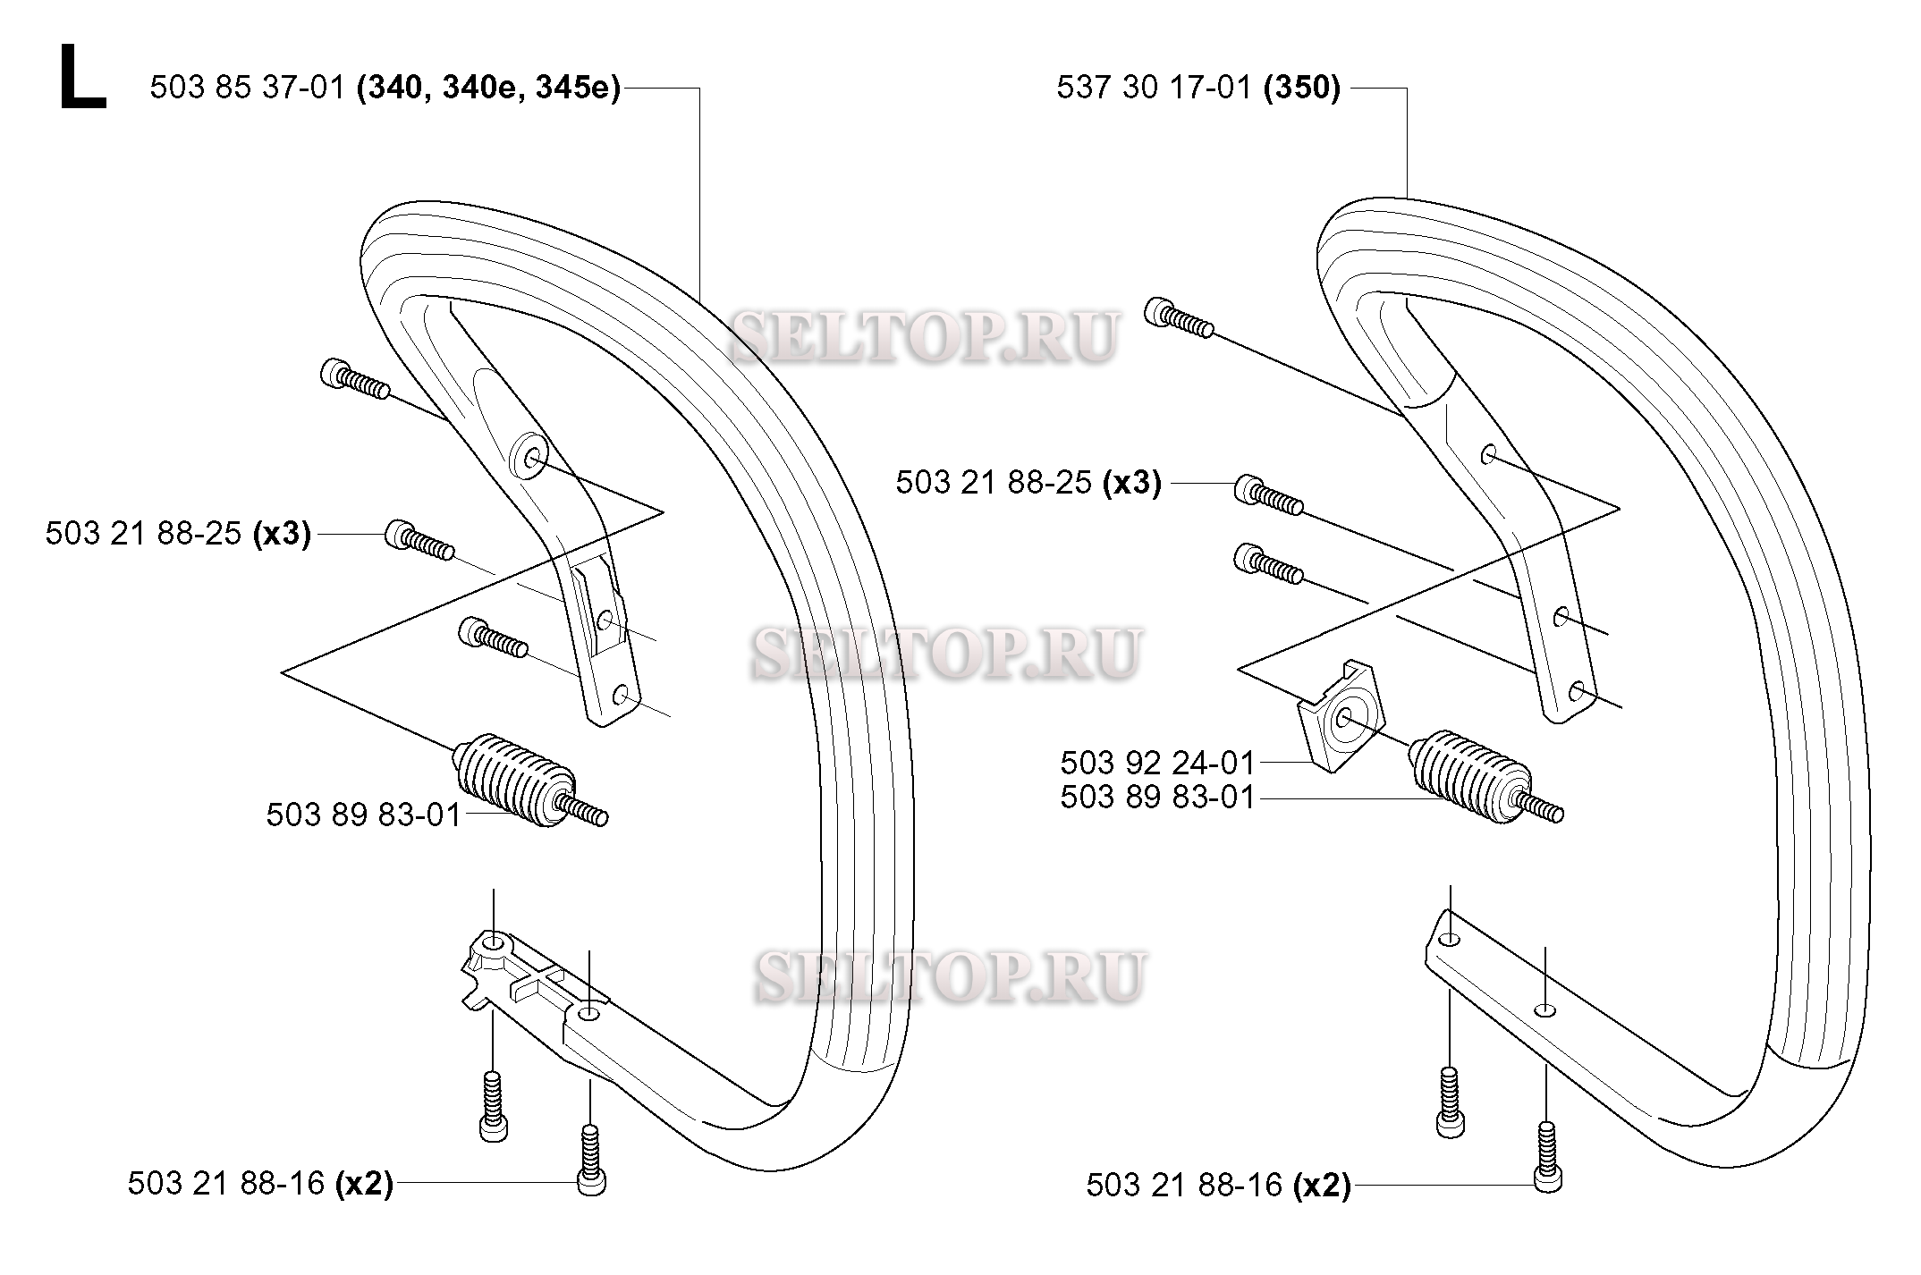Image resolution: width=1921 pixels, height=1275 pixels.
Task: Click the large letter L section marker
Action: pyautogui.click(x=82, y=79)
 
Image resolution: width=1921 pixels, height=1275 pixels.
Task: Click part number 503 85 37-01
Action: pyautogui.click(x=247, y=89)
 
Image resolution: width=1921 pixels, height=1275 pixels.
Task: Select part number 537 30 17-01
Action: pyautogui.click(x=1154, y=89)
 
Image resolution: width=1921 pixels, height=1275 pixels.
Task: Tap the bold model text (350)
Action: pyautogui.click(x=1302, y=89)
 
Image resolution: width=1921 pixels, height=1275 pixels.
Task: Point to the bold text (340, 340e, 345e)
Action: pyautogui.click(x=488, y=89)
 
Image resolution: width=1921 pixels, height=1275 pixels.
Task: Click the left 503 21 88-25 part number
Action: pyautogui.click(x=144, y=534)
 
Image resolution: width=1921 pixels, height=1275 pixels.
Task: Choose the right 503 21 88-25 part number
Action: pyautogui.click(x=994, y=483)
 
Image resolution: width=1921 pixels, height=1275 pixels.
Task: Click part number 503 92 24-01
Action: pyautogui.click(x=1158, y=763)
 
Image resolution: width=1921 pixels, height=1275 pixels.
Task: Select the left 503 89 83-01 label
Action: pyautogui.click(x=363, y=815)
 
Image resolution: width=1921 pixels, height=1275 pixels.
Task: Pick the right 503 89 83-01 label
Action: pyautogui.click(x=1158, y=797)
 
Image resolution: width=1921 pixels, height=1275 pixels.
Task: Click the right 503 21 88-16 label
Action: pyautogui.click(x=1184, y=1185)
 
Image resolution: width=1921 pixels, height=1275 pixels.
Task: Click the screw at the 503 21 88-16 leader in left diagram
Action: pyautogui.click(x=592, y=1161)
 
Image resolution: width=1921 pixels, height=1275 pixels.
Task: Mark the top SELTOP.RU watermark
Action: pyautogui.click(x=924, y=337)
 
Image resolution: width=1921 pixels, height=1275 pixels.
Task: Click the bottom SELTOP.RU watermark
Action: pyautogui.click(x=949, y=975)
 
